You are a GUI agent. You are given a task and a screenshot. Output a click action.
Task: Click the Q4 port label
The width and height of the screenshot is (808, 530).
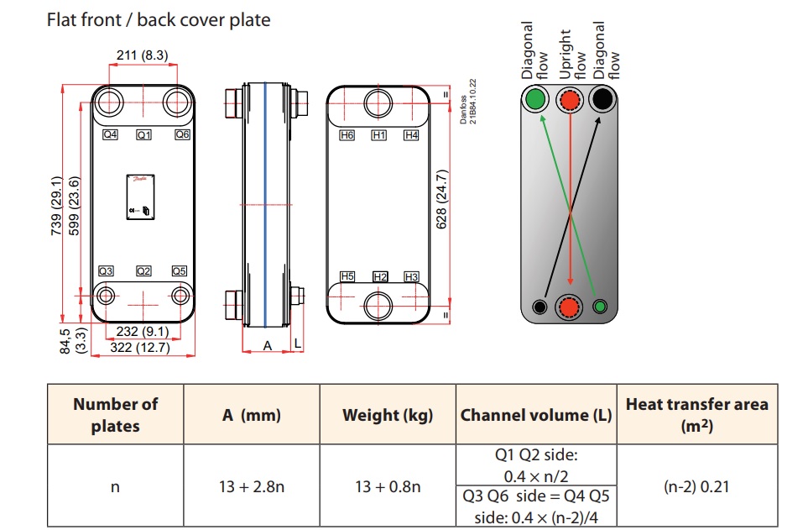click(x=110, y=134)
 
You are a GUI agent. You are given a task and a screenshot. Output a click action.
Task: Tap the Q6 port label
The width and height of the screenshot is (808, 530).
click(x=182, y=134)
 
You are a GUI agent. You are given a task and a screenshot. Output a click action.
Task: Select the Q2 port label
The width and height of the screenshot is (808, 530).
click(x=144, y=271)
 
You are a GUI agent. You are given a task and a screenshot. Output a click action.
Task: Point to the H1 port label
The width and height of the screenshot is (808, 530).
click(x=378, y=135)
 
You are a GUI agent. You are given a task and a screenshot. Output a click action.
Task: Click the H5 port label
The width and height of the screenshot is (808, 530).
click(x=347, y=276)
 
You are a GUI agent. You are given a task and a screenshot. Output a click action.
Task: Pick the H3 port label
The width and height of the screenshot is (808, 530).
click(x=411, y=276)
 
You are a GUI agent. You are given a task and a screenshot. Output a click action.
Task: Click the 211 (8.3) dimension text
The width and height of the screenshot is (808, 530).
click(x=142, y=56)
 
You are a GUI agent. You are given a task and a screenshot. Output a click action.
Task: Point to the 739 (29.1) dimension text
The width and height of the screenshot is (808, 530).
click(x=56, y=206)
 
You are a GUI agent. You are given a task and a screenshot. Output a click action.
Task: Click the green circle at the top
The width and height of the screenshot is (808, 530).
click(x=534, y=101)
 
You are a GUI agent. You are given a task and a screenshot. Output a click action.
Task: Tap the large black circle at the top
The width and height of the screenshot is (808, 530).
click(x=602, y=100)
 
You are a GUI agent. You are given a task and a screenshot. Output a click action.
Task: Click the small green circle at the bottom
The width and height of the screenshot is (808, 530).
click(x=599, y=306)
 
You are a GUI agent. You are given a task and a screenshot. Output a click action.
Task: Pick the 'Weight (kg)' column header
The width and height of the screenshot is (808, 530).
click(x=388, y=415)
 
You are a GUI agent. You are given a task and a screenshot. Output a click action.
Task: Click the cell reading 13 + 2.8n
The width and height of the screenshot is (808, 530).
click(x=252, y=486)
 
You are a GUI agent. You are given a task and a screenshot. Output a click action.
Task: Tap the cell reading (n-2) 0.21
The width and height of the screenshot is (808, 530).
click(x=696, y=486)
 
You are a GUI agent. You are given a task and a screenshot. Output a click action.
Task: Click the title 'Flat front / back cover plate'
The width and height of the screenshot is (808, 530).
click(x=159, y=19)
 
